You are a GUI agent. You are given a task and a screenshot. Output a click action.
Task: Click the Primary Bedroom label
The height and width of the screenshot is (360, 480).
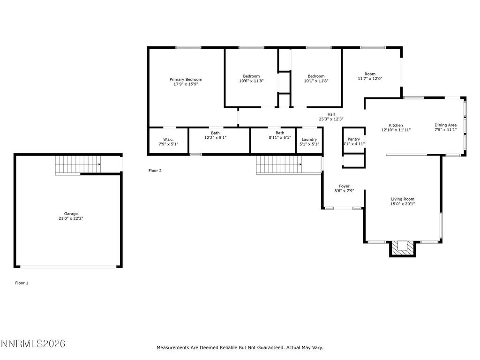coord(186,80)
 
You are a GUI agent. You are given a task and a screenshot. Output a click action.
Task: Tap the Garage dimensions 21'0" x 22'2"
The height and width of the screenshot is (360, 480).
coord(71,218)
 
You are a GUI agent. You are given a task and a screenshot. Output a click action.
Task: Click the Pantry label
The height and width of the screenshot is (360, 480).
coord(353,139)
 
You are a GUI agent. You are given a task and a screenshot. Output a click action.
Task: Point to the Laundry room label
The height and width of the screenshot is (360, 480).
coord(309,139)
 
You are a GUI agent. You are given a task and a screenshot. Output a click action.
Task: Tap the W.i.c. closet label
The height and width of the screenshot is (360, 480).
coord(168,139)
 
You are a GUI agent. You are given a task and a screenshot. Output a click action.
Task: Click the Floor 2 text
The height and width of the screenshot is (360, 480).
coord(155,171)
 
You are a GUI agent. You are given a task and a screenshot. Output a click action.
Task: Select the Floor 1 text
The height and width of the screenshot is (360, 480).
coord(22,283)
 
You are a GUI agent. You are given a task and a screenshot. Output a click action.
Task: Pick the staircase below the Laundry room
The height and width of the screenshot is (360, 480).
coord(278,165)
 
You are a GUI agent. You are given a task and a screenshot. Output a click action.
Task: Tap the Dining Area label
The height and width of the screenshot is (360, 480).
coord(445,125)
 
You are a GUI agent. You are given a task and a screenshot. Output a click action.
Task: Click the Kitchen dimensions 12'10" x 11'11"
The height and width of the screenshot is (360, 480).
coord(396,130)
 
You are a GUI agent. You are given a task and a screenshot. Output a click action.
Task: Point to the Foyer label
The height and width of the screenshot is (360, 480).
coord(344,186)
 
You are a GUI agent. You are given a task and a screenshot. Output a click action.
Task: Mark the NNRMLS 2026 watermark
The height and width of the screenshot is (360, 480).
coord(33,345)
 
